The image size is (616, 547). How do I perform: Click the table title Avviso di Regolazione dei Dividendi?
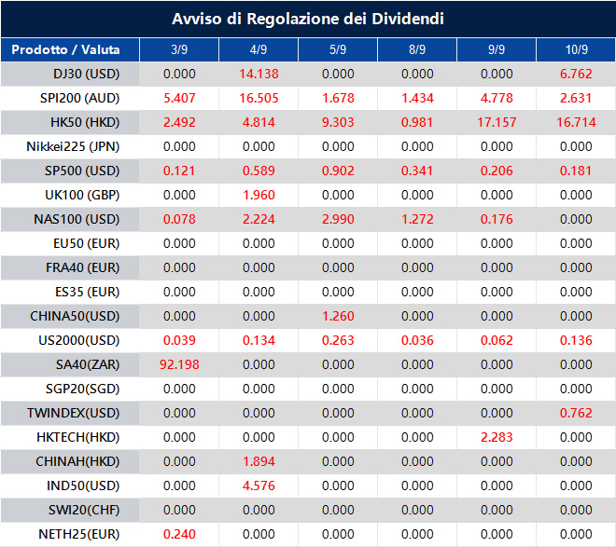pos(307,19)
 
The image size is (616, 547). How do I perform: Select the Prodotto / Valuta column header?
pos(70,49)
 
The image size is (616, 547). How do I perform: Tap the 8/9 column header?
pos(417,49)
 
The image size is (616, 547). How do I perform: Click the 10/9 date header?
pos(576,49)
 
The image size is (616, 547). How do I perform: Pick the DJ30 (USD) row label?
pos(87,74)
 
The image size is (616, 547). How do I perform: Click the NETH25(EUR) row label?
pos(79,534)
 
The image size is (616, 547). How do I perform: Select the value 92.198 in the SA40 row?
pos(179,364)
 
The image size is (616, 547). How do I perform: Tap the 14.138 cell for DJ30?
pos(259,74)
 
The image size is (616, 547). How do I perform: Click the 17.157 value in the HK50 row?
pos(497,122)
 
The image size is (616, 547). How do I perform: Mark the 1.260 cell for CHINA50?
pos(338,316)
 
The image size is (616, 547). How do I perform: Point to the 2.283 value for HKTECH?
pos(497,437)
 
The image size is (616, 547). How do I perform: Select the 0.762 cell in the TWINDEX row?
pos(576,413)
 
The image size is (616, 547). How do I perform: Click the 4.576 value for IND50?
pos(259,485)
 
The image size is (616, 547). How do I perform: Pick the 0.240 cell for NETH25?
pos(179,534)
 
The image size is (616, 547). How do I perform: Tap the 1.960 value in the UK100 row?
pos(259,195)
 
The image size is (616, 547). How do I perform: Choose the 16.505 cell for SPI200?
pos(259,98)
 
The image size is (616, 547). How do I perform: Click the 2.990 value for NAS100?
pos(338,219)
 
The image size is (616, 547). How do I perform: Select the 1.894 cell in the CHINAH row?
pos(259,461)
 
